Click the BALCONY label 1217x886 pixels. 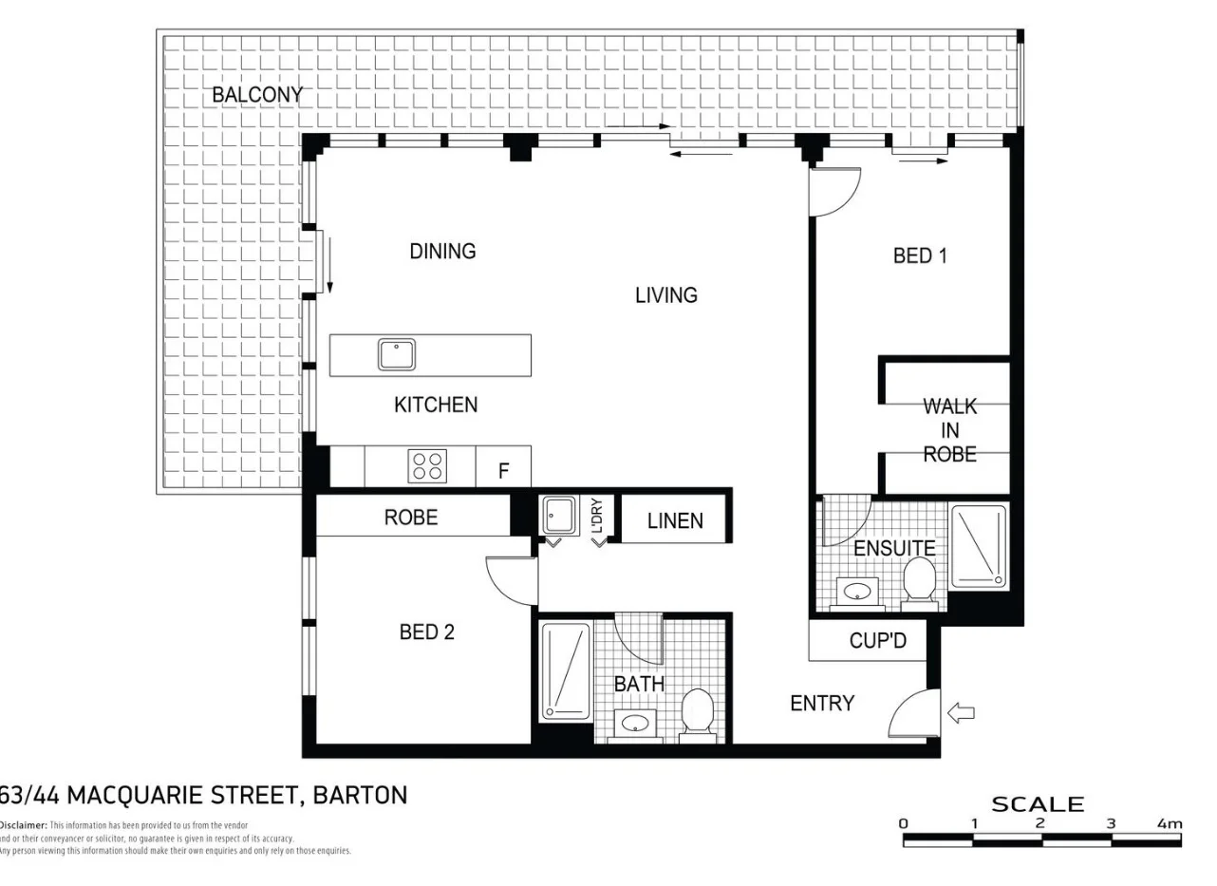pyautogui.click(x=256, y=95)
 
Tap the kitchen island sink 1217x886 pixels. pyautogui.click(x=397, y=355)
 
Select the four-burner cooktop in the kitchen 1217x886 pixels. pyautogui.click(x=427, y=466)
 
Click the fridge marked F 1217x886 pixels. pyautogui.click(x=504, y=470)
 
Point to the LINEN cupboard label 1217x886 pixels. pyautogui.click(x=675, y=521)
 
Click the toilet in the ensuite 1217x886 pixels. pyautogui.click(x=919, y=580)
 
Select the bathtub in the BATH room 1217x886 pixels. pyautogui.click(x=565, y=670)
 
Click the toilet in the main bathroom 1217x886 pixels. pyautogui.click(x=698, y=712)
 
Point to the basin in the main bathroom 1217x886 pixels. pyautogui.click(x=634, y=725)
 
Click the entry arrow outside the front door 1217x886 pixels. pyautogui.click(x=961, y=712)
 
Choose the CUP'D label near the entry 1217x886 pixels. pyautogui.click(x=877, y=641)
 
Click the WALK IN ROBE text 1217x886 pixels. pyautogui.click(x=949, y=430)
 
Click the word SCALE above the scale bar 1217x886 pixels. pyautogui.click(x=1037, y=804)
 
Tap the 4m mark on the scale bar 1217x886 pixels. pyautogui.click(x=1169, y=823)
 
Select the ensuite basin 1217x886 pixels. pyautogui.click(x=857, y=592)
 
